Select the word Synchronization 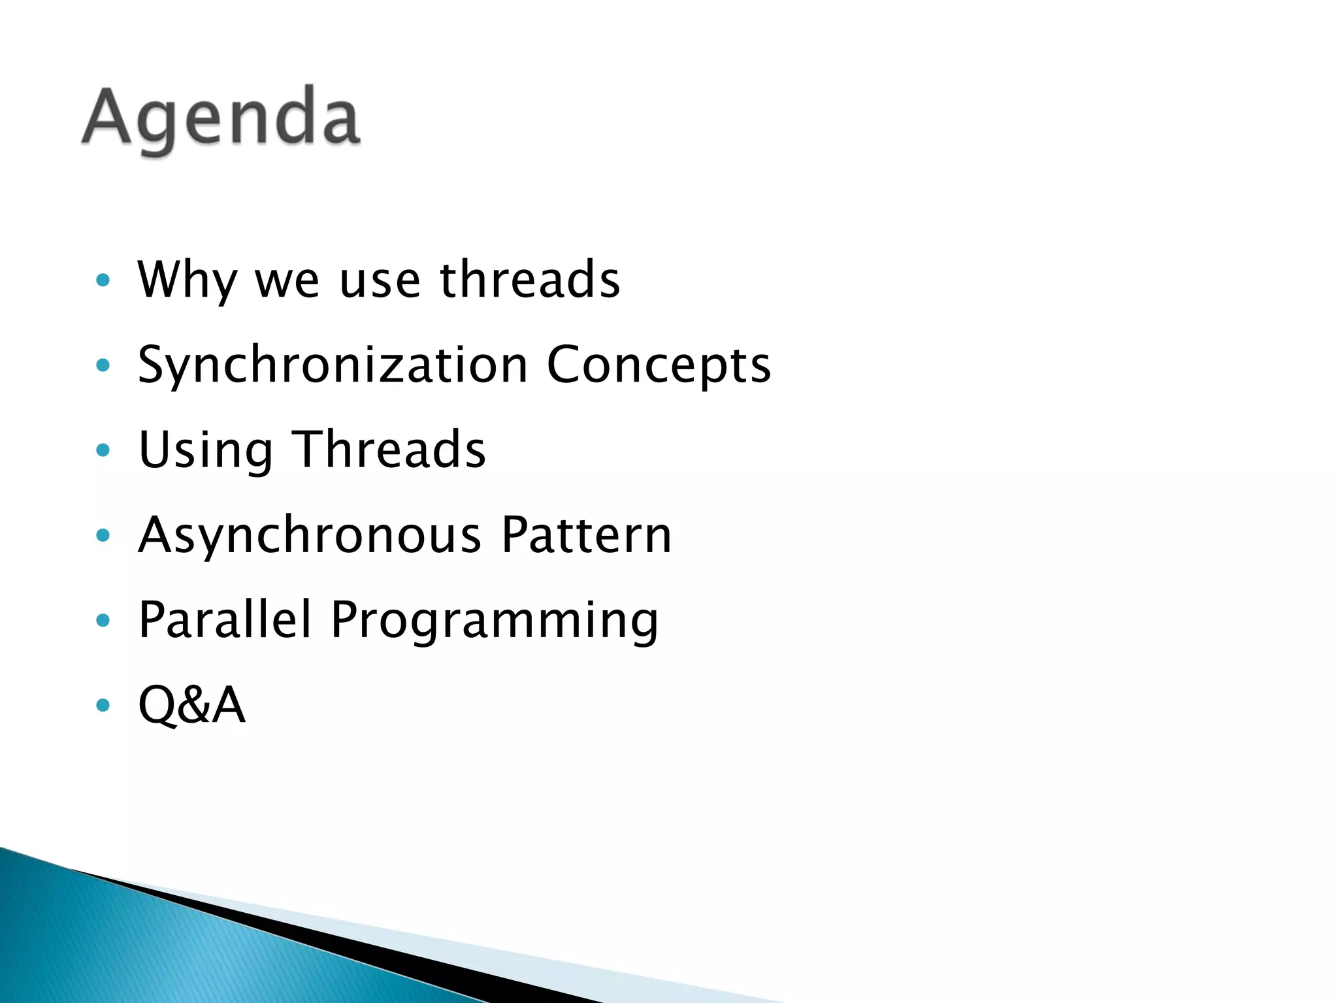tap(333, 365)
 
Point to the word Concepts tap(658, 365)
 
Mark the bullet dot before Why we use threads tap(103, 280)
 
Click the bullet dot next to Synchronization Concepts tap(103, 365)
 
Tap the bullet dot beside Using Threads tap(103, 450)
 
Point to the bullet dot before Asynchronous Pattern tap(103, 535)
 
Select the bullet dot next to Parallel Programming tap(103, 620)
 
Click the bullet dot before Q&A tap(103, 705)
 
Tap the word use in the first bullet tap(379, 281)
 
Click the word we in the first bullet tap(287, 281)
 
